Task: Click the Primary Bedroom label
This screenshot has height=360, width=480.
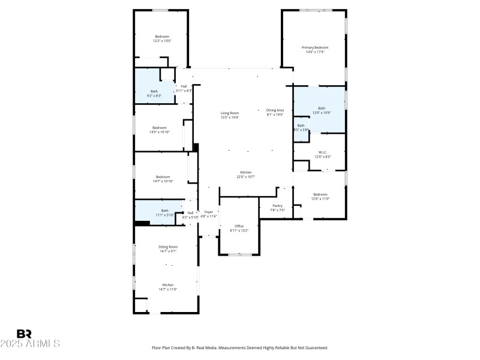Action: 315,47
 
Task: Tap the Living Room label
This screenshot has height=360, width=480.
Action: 230,113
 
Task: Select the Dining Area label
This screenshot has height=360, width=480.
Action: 275,110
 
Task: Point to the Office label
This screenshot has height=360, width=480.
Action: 239,226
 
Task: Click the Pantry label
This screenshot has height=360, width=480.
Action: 277,206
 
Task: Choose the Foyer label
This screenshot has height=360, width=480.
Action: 208,212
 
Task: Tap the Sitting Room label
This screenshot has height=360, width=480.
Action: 167,247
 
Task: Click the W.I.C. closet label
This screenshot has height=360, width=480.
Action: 322,152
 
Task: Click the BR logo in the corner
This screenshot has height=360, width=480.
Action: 25,334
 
